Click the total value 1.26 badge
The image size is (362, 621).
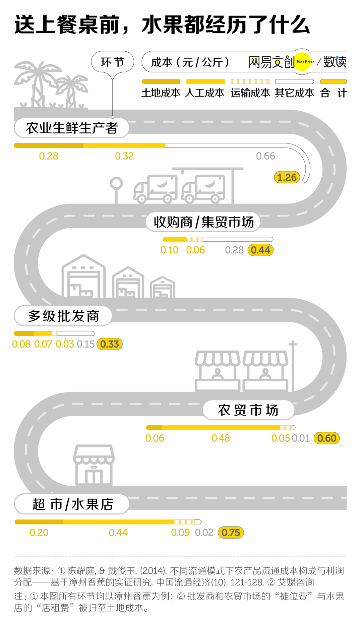(287, 177)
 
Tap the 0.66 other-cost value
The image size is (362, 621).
(265, 156)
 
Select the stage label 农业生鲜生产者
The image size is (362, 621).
(72, 128)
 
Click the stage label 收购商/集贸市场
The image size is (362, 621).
(203, 222)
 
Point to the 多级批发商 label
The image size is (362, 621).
(63, 316)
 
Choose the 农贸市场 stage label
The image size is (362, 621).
(248, 410)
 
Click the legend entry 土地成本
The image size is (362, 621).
(161, 93)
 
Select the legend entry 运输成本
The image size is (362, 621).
(250, 93)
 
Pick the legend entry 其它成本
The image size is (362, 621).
(295, 93)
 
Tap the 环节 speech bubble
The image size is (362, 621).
(113, 62)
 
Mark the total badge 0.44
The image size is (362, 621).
(260, 250)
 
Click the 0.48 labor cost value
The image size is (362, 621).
(221, 438)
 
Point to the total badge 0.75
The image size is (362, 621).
(231, 533)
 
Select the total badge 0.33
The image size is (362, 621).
(110, 344)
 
